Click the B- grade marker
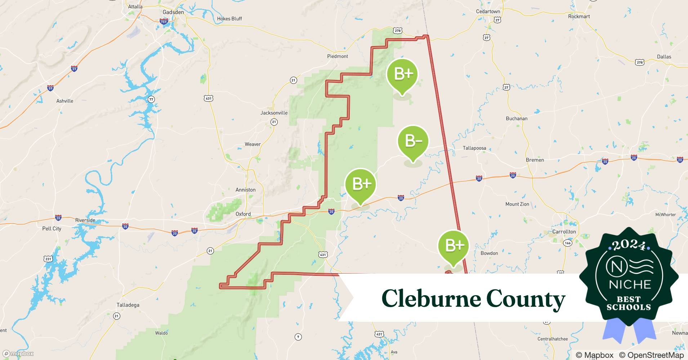tap(413, 141)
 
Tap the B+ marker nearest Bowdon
tap(454, 246)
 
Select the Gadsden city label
tap(173, 12)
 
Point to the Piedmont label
tap(338, 56)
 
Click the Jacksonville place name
tap(274, 113)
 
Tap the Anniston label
tap(245, 190)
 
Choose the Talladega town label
tap(128, 305)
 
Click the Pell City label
tap(52, 229)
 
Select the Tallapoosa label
tap(474, 148)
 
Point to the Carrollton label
tap(564, 231)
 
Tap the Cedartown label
tap(488, 12)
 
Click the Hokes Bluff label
tap(229, 19)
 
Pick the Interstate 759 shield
tap(164, 22)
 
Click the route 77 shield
tap(151, 99)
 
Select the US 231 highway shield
tap(48, 258)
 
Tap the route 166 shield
tap(568, 243)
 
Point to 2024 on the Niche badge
tap(629, 246)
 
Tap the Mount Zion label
tap(517, 204)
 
